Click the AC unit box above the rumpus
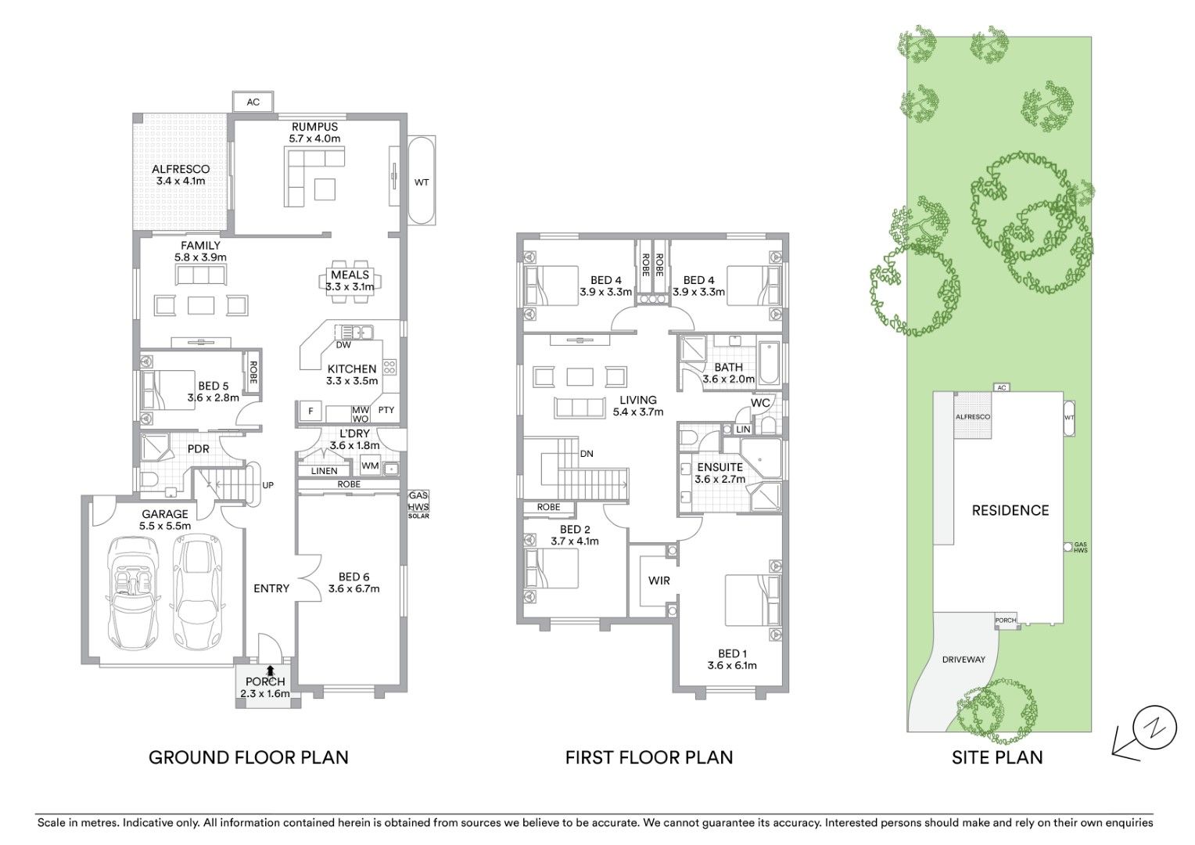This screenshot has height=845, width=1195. click(x=253, y=102)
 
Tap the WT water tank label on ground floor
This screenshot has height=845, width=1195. click(x=422, y=182)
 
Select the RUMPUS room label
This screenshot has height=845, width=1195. click(x=314, y=127)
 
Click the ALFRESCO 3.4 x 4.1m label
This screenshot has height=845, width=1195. click(x=181, y=174)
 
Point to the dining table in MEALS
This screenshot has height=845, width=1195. click(x=350, y=282)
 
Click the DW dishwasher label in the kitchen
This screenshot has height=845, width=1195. click(x=343, y=345)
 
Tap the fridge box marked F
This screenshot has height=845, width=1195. click(x=310, y=411)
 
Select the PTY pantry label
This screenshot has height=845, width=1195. click(x=386, y=410)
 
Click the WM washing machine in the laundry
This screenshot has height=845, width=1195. click(x=370, y=466)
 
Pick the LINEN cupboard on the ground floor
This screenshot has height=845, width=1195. click(x=324, y=471)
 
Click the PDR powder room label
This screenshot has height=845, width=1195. click(x=199, y=449)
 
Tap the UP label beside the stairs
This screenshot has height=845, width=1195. click(x=267, y=485)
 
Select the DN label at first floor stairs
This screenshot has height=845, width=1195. click(x=587, y=454)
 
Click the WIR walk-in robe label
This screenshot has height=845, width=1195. click(x=659, y=581)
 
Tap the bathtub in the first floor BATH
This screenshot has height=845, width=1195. click(x=769, y=362)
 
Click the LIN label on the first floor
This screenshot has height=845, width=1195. click(x=743, y=430)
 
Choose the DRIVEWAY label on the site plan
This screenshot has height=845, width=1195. click(x=964, y=660)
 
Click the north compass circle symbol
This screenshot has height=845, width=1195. click(x=1154, y=727)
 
